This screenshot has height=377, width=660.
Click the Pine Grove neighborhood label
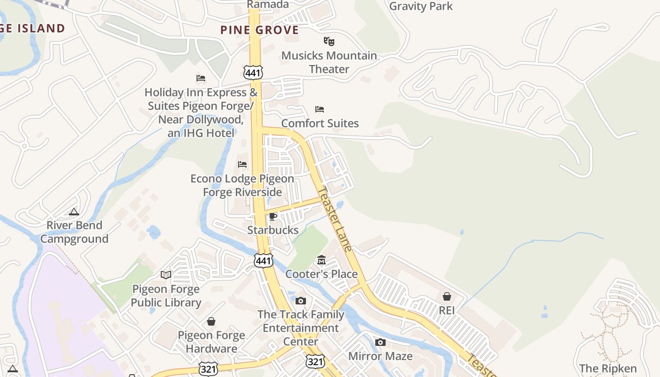[260, 30]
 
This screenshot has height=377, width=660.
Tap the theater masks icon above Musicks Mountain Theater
[329, 41]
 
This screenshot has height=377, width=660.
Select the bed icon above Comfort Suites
[320, 109]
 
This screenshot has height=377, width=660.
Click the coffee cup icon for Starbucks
[272, 216]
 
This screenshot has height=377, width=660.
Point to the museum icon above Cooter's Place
[322, 260]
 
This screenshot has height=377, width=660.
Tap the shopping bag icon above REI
[446, 296]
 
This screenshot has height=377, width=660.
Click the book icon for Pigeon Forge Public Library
[165, 275]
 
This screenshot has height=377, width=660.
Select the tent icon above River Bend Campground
[74, 212]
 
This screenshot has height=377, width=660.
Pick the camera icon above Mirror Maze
[380, 342]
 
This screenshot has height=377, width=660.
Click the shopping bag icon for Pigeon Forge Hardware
[211, 321]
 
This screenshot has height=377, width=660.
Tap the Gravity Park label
[421, 6]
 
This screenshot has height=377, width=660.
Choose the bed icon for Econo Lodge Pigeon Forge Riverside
[242, 164]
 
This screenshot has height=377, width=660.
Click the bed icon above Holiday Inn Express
[201, 78]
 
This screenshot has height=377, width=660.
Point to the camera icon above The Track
[301, 301]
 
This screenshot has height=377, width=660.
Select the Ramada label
[268, 5]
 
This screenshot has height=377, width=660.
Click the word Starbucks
[273, 230]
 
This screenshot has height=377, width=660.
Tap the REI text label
[446, 311]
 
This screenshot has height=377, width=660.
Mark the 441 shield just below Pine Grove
[253, 72]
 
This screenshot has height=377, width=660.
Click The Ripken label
[608, 368]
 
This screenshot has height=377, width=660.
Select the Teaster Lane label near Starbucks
[335, 219]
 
